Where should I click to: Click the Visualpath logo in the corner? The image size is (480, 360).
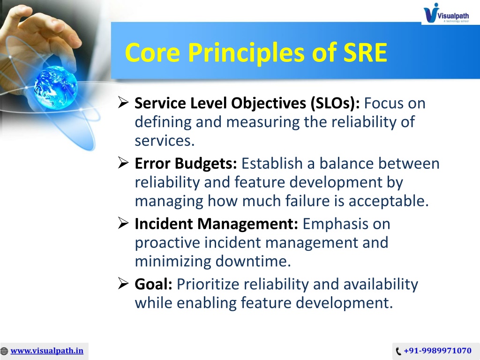(446, 13)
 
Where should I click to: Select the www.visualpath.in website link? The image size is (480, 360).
(47, 351)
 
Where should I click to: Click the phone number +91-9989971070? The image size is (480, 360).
(437, 351)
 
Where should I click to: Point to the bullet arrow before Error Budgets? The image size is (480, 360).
(123, 163)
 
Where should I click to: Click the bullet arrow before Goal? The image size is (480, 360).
(123, 284)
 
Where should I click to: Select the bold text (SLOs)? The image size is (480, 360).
(335, 103)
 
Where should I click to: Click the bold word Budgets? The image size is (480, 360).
(206, 164)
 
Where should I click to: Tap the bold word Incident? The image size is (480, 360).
(164, 224)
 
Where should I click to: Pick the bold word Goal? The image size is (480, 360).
(153, 284)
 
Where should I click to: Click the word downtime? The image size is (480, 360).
(253, 262)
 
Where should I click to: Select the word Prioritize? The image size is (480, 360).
(208, 284)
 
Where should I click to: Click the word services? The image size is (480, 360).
(165, 141)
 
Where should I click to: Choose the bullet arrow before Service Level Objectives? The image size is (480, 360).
(123, 103)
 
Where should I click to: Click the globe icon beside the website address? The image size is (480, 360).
(4, 351)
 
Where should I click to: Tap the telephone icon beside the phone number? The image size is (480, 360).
(398, 351)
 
